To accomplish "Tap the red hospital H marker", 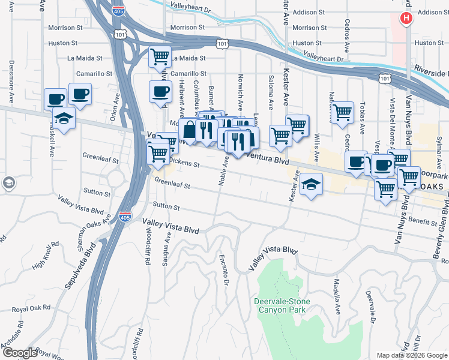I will coord(406,18).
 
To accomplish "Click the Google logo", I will coord(20,352).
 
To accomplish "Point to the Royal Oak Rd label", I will coord(29,311).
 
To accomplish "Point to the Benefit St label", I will coord(424,222).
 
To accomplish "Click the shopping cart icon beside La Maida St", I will coord(160,57).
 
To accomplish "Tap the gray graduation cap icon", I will coord(8,183).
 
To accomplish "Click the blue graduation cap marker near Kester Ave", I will coord(312,184).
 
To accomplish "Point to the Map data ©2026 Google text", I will coord(412,355).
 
